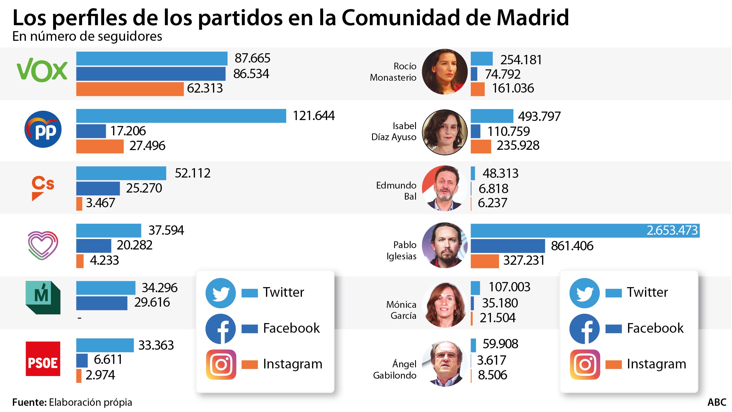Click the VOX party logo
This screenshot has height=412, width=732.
[42, 70]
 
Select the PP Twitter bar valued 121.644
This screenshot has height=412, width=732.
[181, 116]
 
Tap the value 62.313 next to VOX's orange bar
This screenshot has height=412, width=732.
[205, 88]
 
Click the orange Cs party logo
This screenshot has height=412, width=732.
[43, 188]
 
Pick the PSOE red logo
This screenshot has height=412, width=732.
[43, 359]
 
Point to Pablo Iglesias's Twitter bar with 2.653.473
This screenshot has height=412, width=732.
[585, 230]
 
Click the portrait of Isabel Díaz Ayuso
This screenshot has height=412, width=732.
[445, 132]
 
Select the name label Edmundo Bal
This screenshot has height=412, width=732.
[396, 191]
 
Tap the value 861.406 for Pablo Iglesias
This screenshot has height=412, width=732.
[572, 246]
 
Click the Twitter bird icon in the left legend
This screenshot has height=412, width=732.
[220, 293]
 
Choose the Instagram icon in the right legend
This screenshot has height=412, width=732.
[585, 364]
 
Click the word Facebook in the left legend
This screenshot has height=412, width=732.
[291, 328]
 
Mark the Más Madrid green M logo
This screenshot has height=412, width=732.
[43, 297]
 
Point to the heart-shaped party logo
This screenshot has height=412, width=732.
[43, 245]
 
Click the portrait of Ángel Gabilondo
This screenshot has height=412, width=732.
[445, 363]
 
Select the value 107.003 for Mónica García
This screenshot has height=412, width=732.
[509, 287]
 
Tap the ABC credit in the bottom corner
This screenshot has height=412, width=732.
[717, 402]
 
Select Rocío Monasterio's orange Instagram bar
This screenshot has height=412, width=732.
[477, 89]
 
